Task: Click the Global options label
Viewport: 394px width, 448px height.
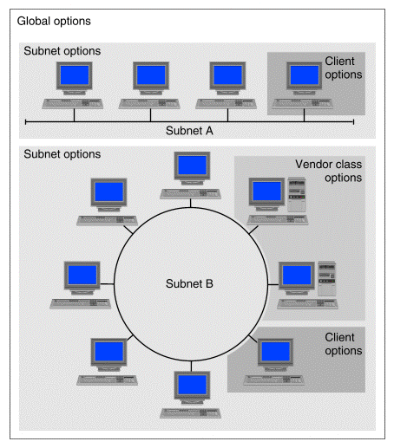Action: coord(54,22)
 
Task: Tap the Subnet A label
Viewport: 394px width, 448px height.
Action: coord(189,131)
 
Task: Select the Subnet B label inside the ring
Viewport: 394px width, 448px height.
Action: coord(189,283)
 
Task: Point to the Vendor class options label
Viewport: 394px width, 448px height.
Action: coord(329,171)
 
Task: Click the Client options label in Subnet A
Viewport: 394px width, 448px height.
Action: coord(344,68)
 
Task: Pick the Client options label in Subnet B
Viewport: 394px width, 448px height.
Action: coord(344,344)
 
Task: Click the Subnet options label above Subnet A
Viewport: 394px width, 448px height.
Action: coord(62,51)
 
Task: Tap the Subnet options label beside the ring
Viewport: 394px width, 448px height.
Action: coord(62,154)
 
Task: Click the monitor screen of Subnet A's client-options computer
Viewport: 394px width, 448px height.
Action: coord(305,75)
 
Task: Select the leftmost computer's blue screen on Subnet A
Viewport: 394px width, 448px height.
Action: coord(75,75)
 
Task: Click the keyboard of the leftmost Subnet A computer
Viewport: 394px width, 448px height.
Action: coord(73,104)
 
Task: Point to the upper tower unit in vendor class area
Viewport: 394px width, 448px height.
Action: coord(297,195)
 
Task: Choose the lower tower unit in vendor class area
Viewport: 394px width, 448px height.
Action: coord(327,279)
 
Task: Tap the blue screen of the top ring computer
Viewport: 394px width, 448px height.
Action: coord(192,166)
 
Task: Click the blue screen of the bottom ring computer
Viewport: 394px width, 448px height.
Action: coord(192,385)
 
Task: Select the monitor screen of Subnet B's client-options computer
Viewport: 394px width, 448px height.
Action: coord(276,352)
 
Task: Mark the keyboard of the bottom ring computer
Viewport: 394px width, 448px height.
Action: coord(191,413)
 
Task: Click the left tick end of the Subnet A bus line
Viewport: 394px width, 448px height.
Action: coord(26,122)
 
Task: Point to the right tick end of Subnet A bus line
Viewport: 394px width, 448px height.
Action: coord(353,122)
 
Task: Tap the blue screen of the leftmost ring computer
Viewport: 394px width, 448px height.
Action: coord(82,275)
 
